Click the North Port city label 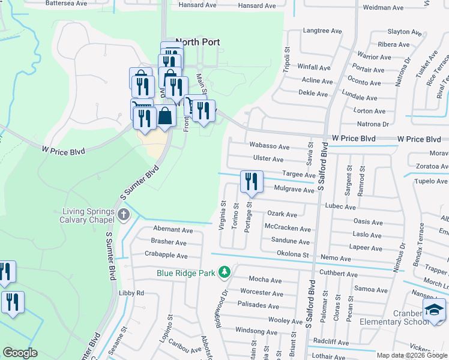click(x=197, y=42)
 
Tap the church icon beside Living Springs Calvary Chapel click(x=124, y=215)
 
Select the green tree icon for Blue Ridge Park click(x=224, y=272)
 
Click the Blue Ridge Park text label click(x=185, y=273)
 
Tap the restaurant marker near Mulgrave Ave click(x=251, y=181)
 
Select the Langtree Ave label click(x=322, y=31)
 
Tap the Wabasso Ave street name click(x=270, y=146)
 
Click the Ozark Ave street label click(x=282, y=214)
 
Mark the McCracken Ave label click(x=288, y=229)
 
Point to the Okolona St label click(x=292, y=255)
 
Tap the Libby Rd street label click(x=131, y=293)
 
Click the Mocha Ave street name click(x=265, y=280)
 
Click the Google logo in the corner click(x=20, y=353)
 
